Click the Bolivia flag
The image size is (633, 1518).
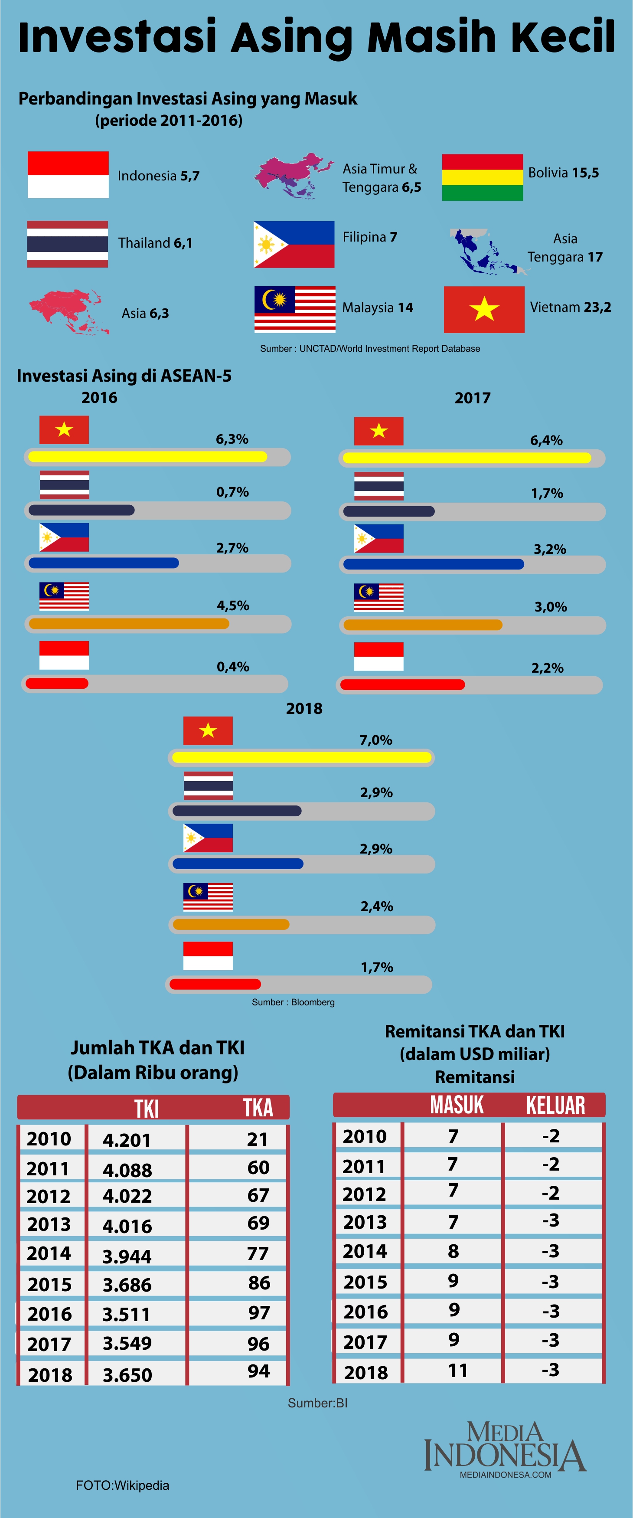pyautogui.click(x=482, y=177)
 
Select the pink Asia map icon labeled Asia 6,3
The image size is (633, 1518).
pyautogui.click(x=69, y=311)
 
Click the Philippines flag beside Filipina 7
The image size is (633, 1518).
pyautogui.click(x=294, y=245)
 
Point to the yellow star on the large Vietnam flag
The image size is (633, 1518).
pyautogui.click(x=484, y=309)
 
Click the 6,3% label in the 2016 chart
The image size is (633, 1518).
pyautogui.click(x=232, y=439)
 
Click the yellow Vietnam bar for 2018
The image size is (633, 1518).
pyautogui.click(x=301, y=757)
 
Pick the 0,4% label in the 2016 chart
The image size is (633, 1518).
pyautogui.click(x=232, y=667)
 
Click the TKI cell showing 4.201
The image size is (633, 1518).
pyautogui.click(x=127, y=1140)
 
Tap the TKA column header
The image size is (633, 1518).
pyautogui.click(x=258, y=1108)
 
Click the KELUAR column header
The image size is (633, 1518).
pyautogui.click(x=555, y=1106)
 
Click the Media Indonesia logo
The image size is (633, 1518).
pyautogui.click(x=505, y=1449)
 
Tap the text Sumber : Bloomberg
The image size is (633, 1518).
pyautogui.click(x=293, y=1002)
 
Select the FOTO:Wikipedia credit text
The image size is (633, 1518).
pyautogui.click(x=122, y=1485)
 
